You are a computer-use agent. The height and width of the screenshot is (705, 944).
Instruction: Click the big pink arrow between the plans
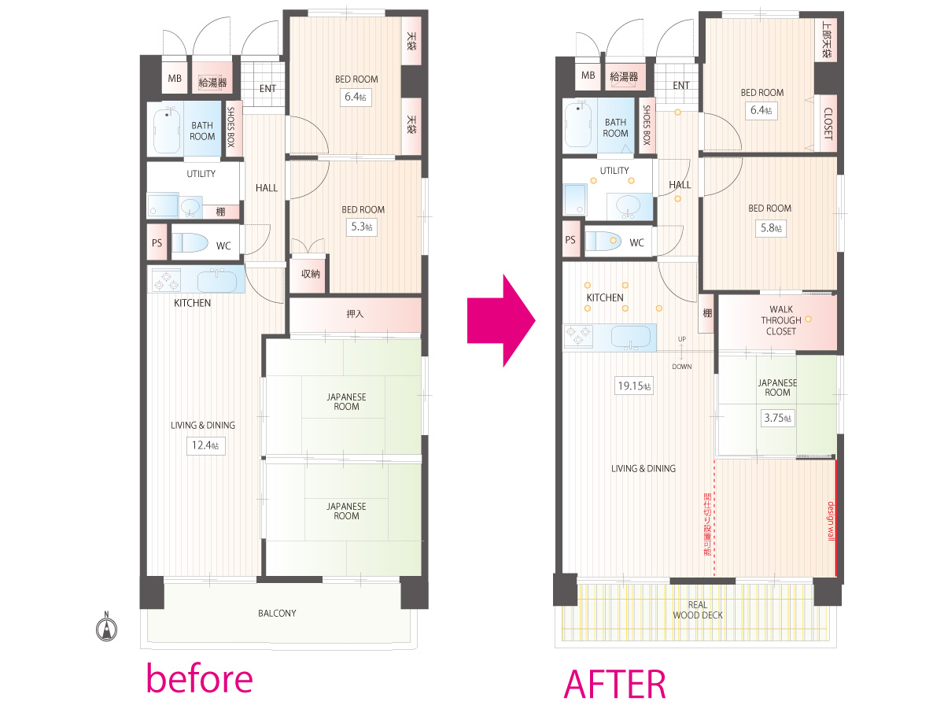501,320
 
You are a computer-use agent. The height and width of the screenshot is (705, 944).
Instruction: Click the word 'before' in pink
200,678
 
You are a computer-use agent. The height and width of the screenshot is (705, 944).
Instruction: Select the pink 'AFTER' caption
615,684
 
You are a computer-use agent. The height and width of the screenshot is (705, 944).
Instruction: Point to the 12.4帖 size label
205,445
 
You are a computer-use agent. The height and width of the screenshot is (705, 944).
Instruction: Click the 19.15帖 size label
634,386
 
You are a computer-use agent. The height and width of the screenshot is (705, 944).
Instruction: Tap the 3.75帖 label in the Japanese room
777,418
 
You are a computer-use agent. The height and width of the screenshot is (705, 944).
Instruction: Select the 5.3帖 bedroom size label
362,227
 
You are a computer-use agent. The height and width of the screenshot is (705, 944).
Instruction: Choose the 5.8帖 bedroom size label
771,228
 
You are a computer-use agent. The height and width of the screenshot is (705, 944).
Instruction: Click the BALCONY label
277,613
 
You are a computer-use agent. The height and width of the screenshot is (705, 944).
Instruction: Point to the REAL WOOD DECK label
698,610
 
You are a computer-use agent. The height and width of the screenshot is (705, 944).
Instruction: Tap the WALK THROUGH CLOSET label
781,320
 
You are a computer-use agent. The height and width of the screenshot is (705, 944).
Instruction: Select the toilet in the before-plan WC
190,242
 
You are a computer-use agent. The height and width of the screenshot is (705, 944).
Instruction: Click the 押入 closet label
355,314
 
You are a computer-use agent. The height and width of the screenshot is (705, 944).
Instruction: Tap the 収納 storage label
310,274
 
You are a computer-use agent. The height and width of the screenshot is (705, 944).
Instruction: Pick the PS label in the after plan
570,239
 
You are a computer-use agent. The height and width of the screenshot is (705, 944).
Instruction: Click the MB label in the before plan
175,78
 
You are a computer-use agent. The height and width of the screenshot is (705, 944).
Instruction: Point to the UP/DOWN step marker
682,352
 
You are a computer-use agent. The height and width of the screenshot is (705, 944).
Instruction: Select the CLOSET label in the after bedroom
828,124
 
